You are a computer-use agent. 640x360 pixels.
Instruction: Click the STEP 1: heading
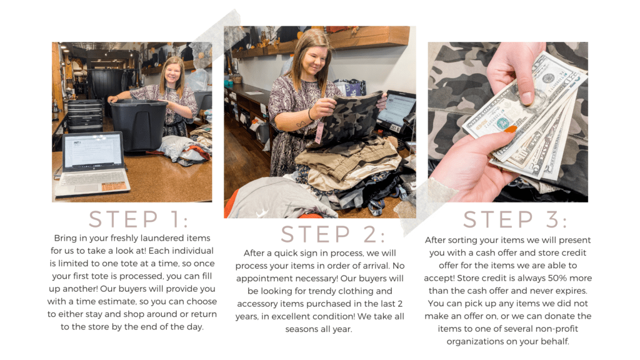139,219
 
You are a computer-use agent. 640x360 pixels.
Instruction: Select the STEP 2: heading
332,234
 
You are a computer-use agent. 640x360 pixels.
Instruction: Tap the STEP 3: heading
515,219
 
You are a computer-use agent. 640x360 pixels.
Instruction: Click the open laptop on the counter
92,164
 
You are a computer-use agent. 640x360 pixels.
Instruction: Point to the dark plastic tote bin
139,124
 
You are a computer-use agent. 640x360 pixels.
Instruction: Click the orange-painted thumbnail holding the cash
510,130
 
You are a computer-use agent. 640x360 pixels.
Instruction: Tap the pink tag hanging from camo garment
319,132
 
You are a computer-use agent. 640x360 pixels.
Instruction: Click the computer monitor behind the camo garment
395,110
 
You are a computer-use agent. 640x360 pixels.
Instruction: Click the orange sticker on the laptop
112,187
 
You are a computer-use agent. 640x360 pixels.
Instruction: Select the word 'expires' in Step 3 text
572,291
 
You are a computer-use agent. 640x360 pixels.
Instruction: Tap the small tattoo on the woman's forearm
301,123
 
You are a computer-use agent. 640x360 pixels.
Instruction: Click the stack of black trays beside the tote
85,116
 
